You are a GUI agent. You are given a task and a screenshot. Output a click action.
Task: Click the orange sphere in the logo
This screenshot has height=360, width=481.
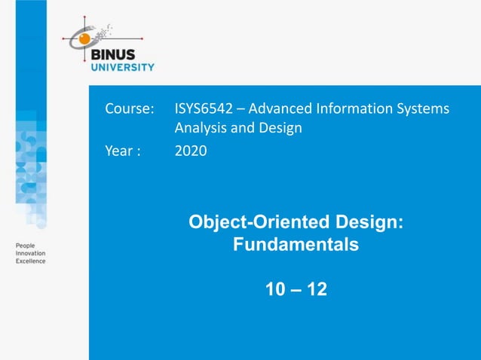click(85, 37)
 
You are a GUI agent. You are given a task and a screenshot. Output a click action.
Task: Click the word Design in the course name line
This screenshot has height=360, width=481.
click(280, 127)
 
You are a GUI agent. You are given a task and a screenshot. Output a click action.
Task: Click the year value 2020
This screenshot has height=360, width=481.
click(191, 151)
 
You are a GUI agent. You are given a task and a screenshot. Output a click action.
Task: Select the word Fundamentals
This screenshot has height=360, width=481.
click(296, 245)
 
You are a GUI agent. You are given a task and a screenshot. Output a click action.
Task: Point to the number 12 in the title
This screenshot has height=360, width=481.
click(317, 288)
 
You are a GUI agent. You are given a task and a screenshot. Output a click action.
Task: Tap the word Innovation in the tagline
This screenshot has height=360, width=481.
click(31, 253)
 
